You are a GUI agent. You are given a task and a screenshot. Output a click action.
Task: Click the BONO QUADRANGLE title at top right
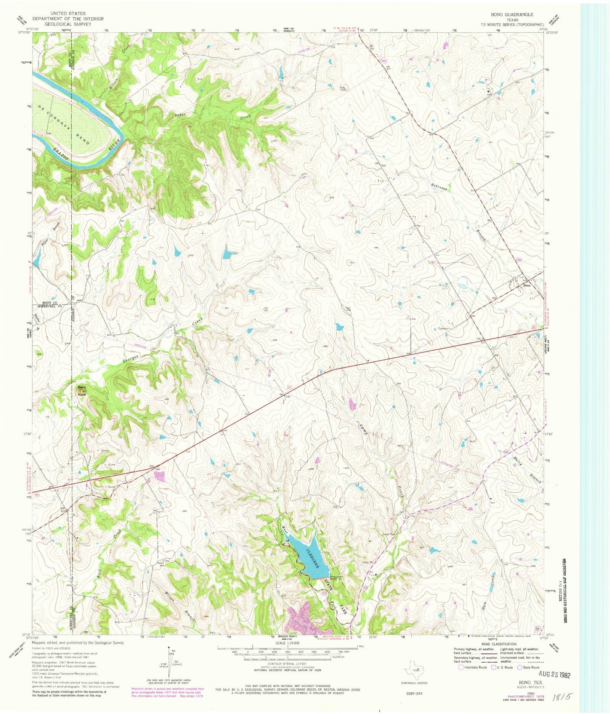point(512,14)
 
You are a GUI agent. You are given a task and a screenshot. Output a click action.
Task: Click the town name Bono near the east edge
point(527,285)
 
